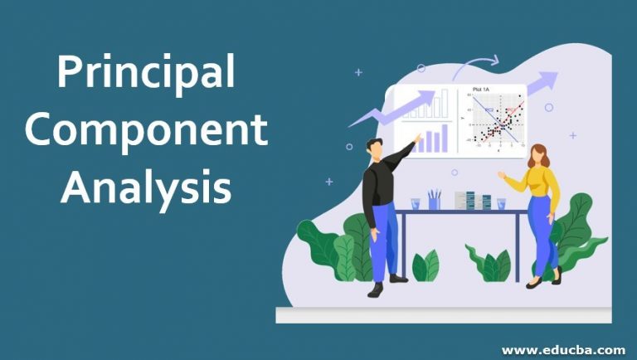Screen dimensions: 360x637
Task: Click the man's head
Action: pos(374,150)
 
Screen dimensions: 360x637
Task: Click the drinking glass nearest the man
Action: pos(415,203)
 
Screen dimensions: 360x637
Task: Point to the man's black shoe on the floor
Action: pos(375,289)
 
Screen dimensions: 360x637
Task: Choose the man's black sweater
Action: pos(379,182)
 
